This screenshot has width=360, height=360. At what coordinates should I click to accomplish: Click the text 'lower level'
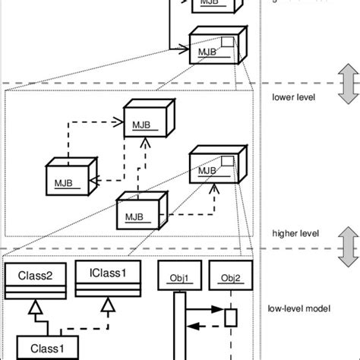click(292, 96)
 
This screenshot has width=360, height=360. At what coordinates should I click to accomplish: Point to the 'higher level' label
click(294, 234)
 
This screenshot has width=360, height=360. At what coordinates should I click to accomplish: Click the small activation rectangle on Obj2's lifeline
click(231, 315)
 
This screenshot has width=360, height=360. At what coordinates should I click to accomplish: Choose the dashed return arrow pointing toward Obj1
click(207, 325)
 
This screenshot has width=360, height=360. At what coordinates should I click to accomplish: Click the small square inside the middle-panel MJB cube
click(226, 159)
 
